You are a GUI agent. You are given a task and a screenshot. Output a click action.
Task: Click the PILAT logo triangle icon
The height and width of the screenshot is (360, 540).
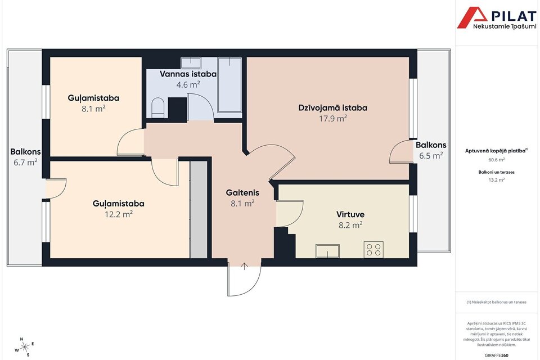(472, 17)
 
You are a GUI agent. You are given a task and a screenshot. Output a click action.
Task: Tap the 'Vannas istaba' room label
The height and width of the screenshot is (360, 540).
(188, 74)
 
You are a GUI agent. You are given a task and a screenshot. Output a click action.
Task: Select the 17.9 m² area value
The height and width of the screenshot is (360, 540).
(332, 119)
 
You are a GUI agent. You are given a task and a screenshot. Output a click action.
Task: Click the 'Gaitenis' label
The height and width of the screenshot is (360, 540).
(242, 192)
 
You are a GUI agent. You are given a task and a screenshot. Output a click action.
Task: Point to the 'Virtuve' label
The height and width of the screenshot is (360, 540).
(350, 214)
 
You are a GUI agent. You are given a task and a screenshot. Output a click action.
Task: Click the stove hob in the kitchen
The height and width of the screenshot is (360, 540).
(373, 249)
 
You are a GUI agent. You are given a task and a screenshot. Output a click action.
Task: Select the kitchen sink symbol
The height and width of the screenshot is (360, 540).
(327, 251)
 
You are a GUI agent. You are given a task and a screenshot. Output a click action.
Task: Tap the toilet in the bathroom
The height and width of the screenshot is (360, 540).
(158, 107)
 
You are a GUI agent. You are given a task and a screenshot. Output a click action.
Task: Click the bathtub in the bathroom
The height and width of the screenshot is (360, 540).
(229, 85)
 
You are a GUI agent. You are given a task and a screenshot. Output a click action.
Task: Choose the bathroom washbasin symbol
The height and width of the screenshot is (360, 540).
(191, 62)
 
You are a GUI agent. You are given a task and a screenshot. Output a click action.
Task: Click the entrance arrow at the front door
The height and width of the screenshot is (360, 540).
(244, 266)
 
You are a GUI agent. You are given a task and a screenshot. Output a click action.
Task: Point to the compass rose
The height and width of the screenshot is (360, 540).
(25, 347)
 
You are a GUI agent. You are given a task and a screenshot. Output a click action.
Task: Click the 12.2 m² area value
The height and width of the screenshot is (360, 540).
(119, 214)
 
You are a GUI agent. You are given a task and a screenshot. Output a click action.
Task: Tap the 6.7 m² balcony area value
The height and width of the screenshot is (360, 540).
(25, 162)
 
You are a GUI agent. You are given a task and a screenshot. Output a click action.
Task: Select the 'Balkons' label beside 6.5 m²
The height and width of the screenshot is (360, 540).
(431, 145)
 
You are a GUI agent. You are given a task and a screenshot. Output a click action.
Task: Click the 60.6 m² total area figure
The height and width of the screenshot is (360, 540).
(497, 160)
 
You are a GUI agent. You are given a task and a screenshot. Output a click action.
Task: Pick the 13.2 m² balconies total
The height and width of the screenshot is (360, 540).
(496, 179)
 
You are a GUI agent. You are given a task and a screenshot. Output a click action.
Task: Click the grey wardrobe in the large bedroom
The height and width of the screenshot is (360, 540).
(199, 209)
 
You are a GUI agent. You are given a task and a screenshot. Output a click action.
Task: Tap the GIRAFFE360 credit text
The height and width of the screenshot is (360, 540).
(496, 355)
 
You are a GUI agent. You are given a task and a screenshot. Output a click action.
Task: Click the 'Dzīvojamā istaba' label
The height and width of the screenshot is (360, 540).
(332, 108)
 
